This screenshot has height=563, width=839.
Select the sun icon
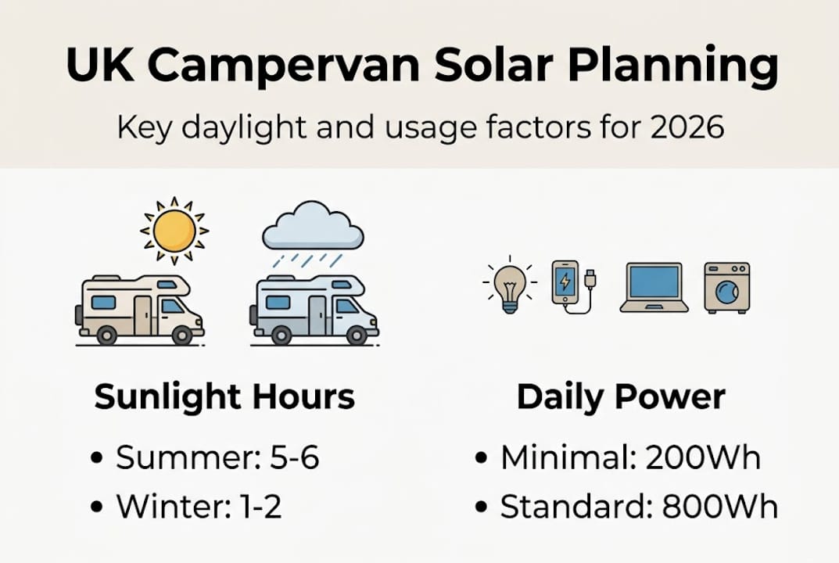[x=174, y=230]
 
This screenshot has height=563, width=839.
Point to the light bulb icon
[x=510, y=286]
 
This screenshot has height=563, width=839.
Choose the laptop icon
[x=654, y=287]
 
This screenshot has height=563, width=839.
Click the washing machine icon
[x=727, y=287]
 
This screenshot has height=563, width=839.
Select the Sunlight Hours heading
[x=224, y=398]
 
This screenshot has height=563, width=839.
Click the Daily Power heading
[x=621, y=398]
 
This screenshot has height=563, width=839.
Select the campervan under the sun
[x=139, y=310]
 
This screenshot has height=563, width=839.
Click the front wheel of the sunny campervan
[x=182, y=335]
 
